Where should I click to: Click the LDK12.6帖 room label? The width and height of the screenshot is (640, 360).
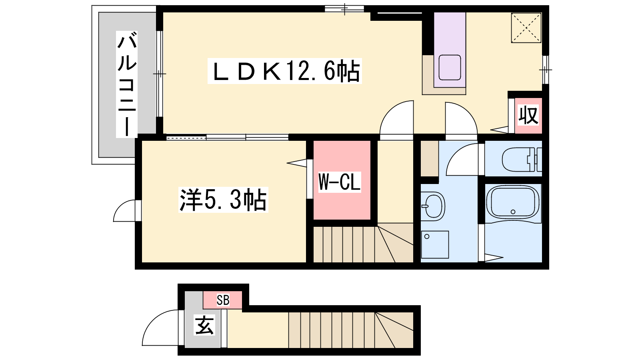(x=284, y=71)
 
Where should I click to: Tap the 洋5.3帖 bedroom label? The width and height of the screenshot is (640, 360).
(x=223, y=200)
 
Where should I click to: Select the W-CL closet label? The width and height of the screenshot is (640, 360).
(x=340, y=182)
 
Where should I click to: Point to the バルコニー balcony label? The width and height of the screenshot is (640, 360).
(x=127, y=84)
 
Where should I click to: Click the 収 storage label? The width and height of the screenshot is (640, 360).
(x=528, y=115)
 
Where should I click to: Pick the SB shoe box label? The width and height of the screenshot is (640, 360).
(x=223, y=300)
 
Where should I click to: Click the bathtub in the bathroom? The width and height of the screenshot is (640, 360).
(x=513, y=204)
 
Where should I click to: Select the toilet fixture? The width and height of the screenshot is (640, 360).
(x=522, y=160)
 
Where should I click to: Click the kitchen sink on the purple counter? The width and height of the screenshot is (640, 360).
(x=450, y=68)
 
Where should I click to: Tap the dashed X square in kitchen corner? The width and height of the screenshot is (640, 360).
(x=526, y=28)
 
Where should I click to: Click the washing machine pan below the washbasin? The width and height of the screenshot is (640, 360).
(x=435, y=244)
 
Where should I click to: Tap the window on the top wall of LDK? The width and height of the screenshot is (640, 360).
(x=344, y=9)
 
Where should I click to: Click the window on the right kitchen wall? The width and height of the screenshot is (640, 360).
(x=546, y=70)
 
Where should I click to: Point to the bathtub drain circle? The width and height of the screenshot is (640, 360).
(x=513, y=212)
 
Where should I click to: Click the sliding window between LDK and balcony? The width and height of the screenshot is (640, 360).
(x=160, y=74)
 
